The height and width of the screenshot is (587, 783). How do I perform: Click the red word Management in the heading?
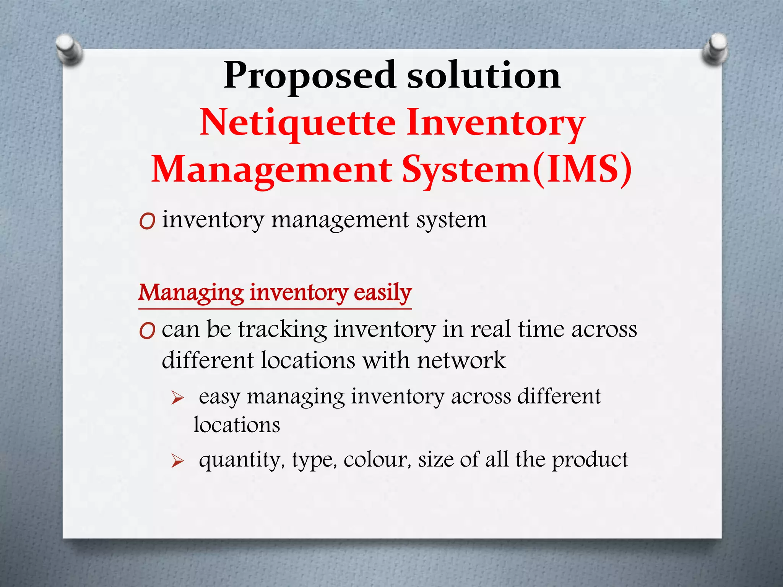coord(272,170)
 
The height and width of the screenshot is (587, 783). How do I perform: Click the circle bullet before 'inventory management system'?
coord(147,221)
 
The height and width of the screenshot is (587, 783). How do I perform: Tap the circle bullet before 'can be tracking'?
coord(147,331)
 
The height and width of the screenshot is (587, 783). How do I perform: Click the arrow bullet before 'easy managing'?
coord(177,398)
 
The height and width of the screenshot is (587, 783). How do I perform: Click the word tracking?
coord(283,329)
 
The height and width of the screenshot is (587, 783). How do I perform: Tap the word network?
coord(461,360)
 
